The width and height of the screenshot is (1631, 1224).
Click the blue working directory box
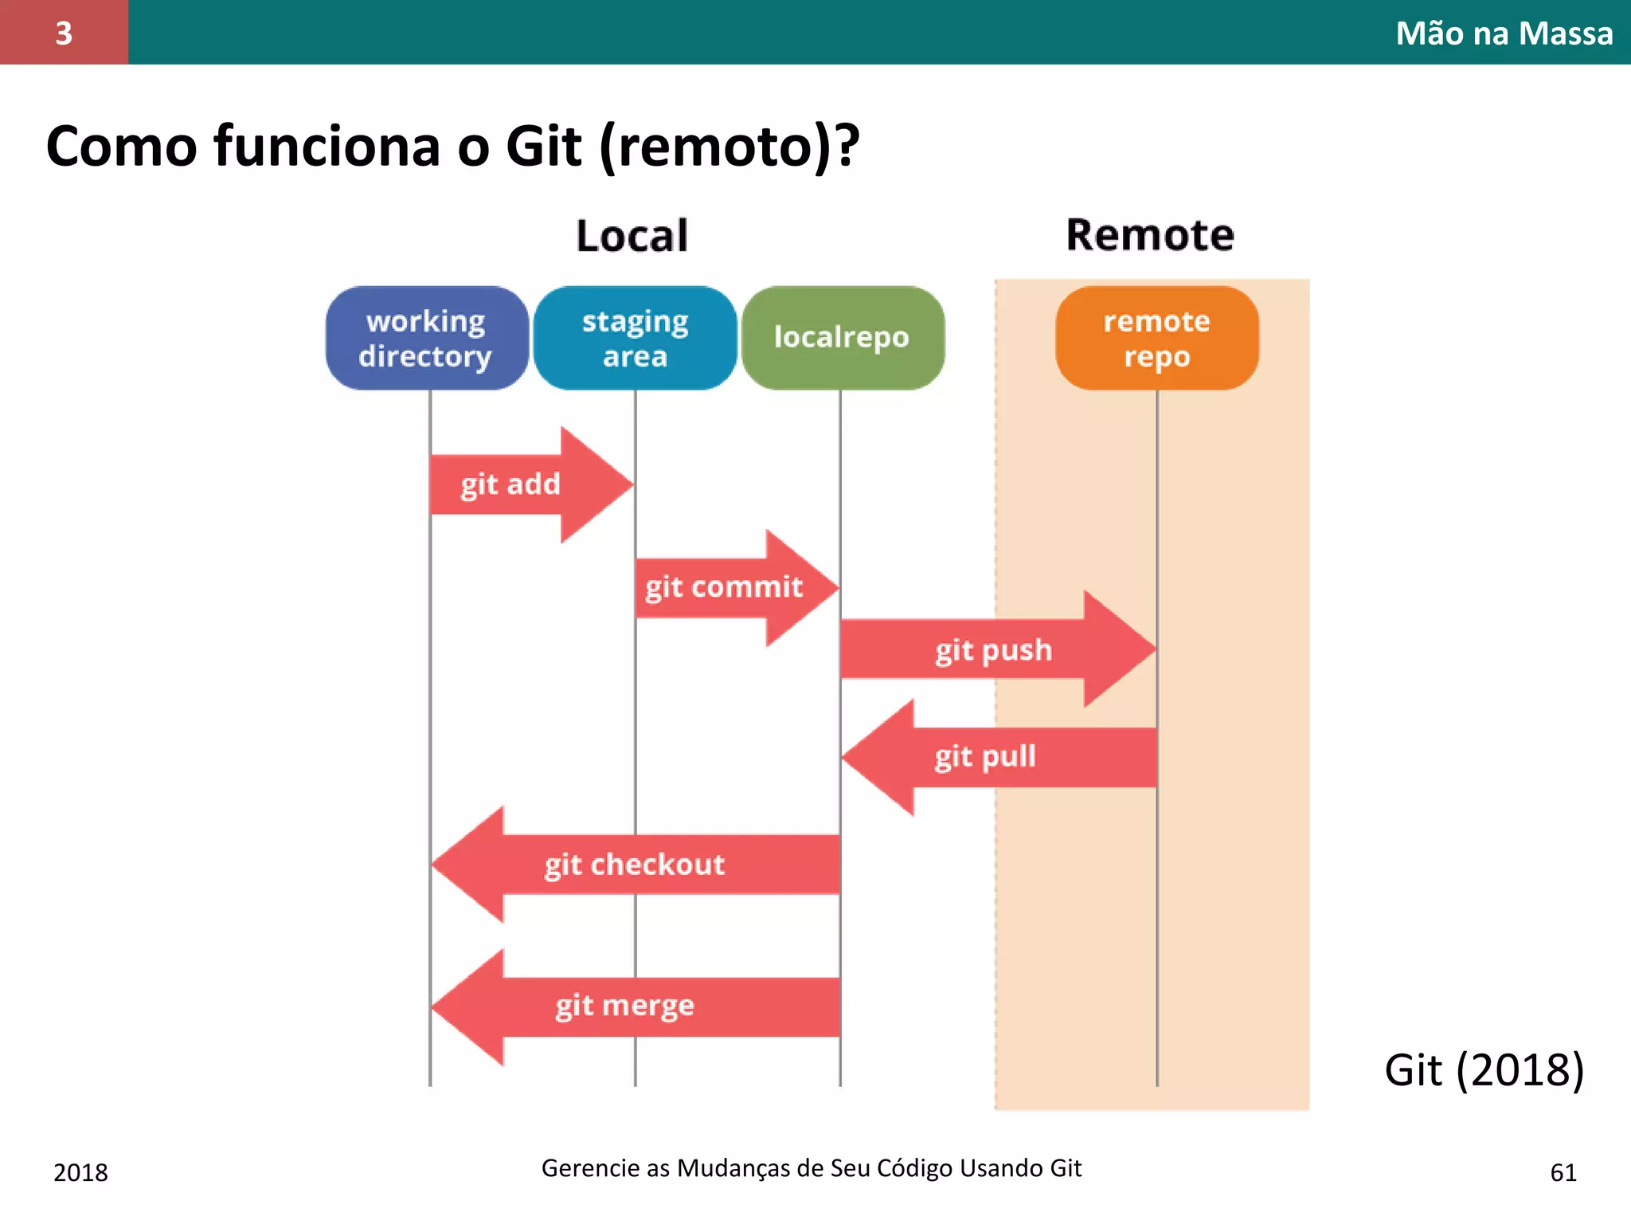click(427, 338)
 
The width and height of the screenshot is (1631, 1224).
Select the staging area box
click(635, 338)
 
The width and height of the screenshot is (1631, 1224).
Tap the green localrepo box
click(842, 338)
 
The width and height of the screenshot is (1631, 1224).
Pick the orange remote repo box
click(1156, 338)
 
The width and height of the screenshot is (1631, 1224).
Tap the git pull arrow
click(995, 756)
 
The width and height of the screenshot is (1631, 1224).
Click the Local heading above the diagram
click(632, 236)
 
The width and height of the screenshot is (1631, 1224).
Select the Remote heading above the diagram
click(1150, 236)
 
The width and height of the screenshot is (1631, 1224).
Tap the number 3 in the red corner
click(64, 33)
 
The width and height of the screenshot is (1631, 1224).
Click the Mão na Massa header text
click(1504, 33)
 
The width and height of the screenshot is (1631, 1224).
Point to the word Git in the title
click(544, 147)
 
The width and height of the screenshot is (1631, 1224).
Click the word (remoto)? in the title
click(729, 147)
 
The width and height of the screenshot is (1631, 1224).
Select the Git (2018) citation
click(1484, 1069)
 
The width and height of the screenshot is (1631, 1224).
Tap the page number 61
click(1563, 1172)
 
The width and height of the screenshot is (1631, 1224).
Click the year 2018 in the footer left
click(80, 1172)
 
